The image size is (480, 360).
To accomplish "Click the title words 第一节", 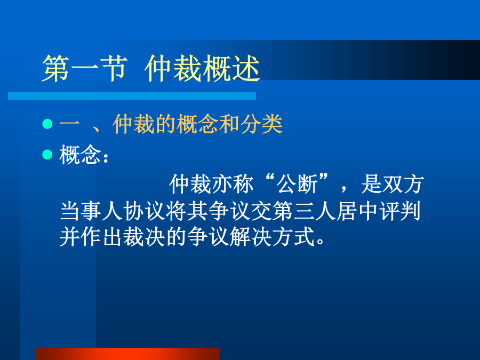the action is [85, 68].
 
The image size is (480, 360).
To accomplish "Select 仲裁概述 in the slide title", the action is [202, 68].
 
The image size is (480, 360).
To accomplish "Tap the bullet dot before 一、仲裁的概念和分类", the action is [47, 124].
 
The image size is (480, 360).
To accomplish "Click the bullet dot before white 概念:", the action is [47, 154].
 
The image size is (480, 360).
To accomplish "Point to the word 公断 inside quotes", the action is [297, 184].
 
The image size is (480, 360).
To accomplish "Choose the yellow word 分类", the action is [261, 124].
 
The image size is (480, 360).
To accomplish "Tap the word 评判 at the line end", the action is [400, 211].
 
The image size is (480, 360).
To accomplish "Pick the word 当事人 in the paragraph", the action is [92, 211].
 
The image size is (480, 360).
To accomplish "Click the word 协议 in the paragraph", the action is [145, 211].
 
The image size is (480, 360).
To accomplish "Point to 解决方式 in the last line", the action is [273, 237].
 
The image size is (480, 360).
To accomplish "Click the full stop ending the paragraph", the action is [320, 241].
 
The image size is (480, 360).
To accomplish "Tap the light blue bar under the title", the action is [132, 95].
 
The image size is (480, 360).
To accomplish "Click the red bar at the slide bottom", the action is [127, 354].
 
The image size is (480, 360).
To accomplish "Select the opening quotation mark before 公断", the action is [270, 178].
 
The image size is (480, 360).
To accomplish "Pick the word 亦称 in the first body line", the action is [233, 184].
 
